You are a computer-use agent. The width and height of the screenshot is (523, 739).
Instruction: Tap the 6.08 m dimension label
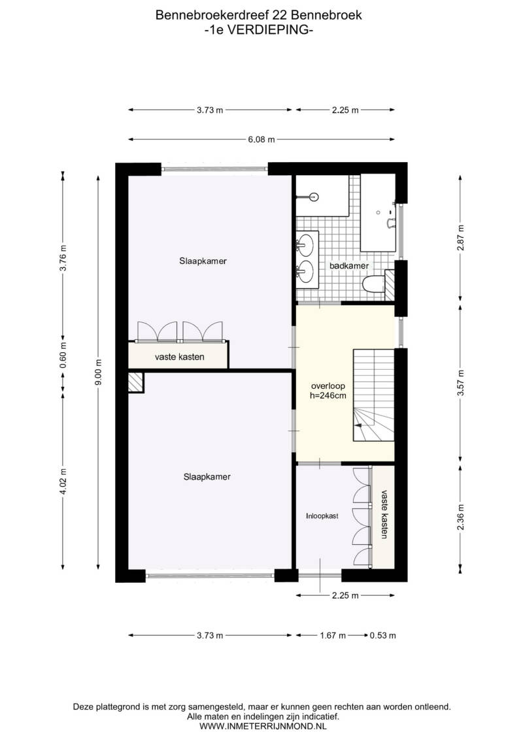coord(261,140)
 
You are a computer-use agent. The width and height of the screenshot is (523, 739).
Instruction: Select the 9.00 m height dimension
coord(98,372)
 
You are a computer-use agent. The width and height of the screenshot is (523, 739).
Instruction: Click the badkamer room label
coord(349,266)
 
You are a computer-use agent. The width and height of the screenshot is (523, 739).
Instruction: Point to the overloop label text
coord(328,386)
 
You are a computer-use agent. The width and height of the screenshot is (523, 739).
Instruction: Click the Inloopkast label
coord(322,516)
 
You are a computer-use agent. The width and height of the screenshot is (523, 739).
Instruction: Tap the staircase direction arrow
coord(358,425)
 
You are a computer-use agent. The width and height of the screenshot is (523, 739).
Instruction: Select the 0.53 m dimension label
coord(383,635)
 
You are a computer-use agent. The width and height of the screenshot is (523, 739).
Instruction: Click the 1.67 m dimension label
coord(333,635)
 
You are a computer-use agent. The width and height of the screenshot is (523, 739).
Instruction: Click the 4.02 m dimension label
coord(63,481)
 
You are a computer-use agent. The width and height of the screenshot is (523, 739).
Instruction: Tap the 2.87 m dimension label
coord(461,238)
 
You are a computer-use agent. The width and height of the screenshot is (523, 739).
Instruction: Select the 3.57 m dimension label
coord(461,383)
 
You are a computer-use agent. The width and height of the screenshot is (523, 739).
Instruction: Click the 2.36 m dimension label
coord(461,517)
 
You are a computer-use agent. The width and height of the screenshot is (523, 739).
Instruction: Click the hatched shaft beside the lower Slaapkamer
coord(136,383)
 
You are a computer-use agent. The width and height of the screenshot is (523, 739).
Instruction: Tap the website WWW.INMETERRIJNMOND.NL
coord(263,727)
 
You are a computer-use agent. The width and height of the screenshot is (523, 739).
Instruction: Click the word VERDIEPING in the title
coord(267,29)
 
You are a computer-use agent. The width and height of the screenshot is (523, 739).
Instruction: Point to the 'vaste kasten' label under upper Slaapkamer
coord(180,357)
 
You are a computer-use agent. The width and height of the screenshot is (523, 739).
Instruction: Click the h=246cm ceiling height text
coord(328,395)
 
